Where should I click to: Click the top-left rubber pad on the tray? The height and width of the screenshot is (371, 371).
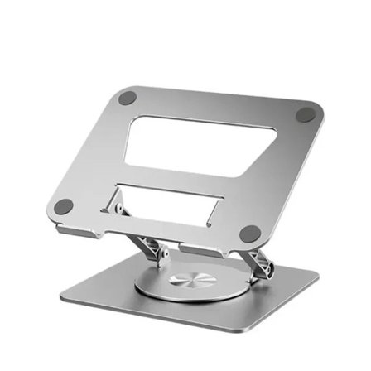tap(127, 98)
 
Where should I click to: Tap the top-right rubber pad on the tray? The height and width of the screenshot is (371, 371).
tap(306, 114)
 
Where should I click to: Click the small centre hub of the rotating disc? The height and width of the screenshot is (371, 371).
tap(189, 281)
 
